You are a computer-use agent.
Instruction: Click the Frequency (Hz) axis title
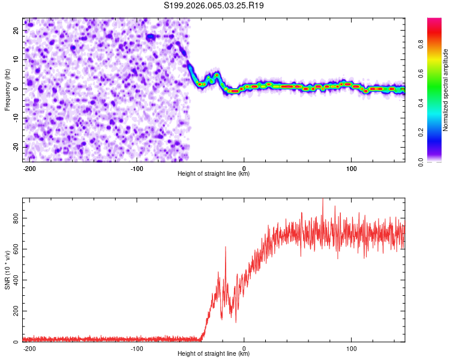click(x=8, y=89)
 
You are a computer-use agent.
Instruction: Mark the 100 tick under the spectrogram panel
click(x=351, y=167)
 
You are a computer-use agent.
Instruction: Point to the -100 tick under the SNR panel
click(x=137, y=348)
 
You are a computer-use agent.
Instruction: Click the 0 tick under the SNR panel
click(x=244, y=348)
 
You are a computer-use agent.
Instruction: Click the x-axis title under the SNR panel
click(x=214, y=354)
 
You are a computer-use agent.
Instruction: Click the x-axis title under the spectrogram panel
click(x=214, y=173)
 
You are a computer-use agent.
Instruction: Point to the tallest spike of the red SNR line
click(x=323, y=200)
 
